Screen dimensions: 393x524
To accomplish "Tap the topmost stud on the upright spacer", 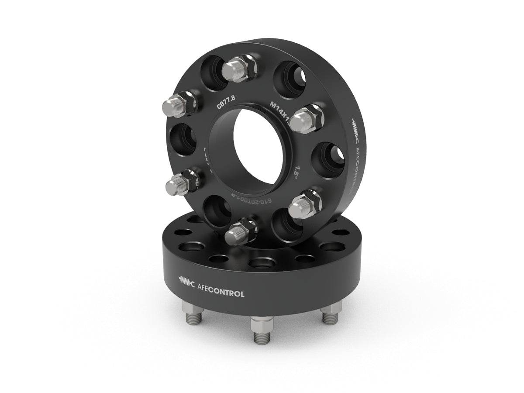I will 236,68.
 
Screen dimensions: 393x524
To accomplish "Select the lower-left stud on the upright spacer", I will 180,183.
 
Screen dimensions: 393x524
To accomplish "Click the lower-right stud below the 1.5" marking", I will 306,203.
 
